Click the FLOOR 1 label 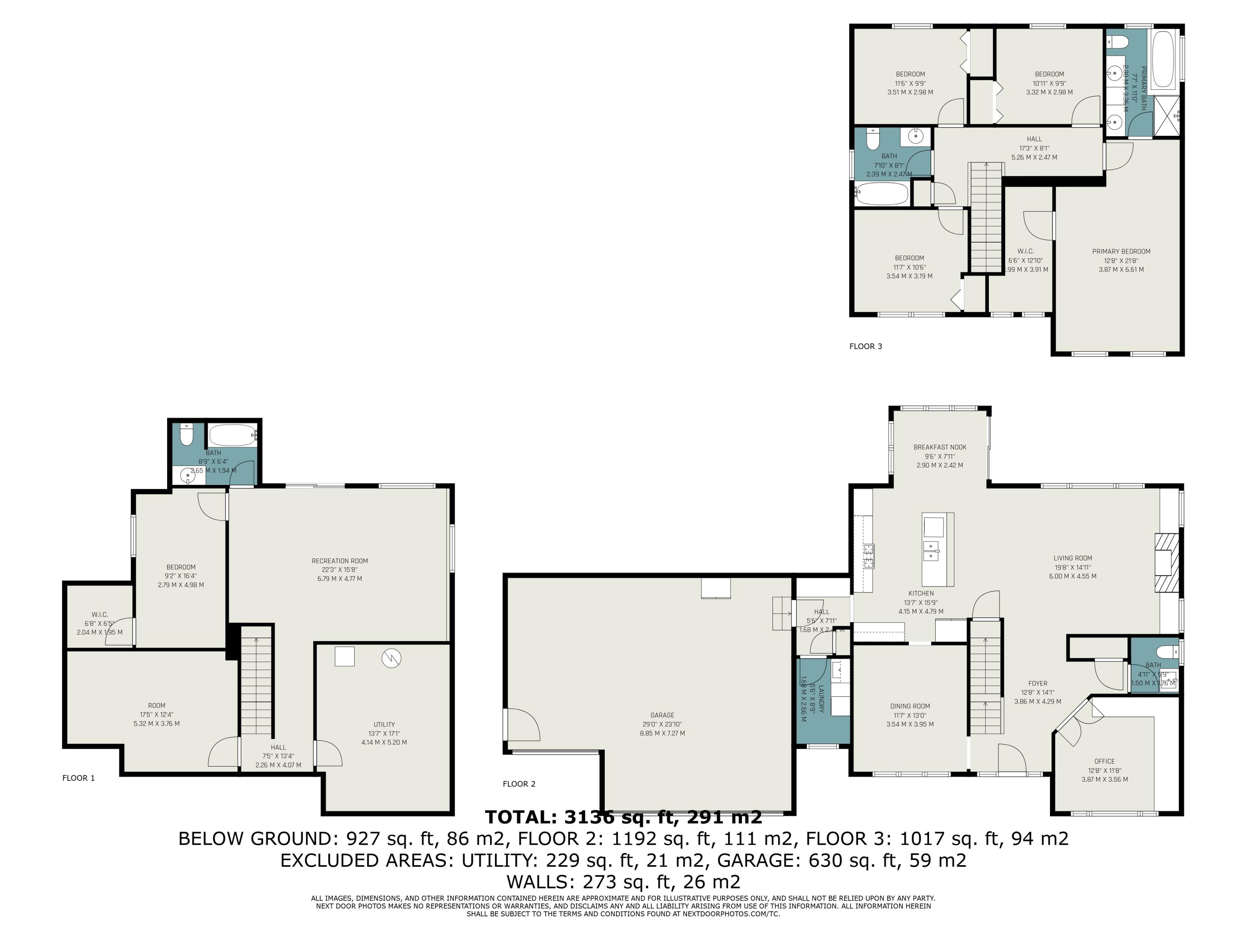[79, 778]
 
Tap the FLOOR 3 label [865, 346]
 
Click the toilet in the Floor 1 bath [187, 435]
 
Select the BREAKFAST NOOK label [940, 447]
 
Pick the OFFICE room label [1104, 761]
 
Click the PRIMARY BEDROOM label [1121, 251]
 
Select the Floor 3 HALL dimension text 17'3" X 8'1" [1034, 148]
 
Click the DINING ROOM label [910, 706]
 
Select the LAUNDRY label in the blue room [821, 699]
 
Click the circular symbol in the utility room [391, 658]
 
